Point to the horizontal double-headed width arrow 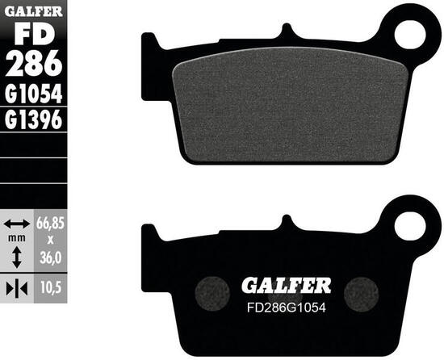click(17, 223)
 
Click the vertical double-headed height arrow click(17, 257)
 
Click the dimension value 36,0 click(50, 258)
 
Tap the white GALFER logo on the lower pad click(286, 285)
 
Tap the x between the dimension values click(50, 240)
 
